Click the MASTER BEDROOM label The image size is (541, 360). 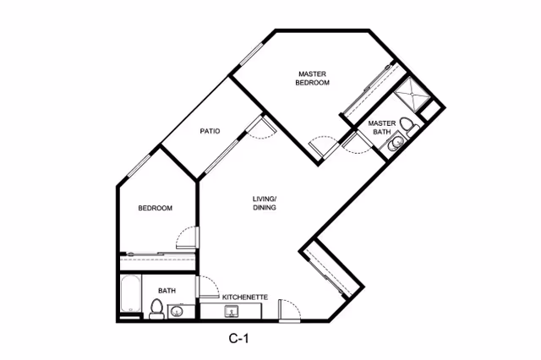tap(312, 78)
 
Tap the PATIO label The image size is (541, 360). tap(210, 131)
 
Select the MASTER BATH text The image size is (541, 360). tap(382, 128)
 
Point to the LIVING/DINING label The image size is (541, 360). tap(265, 204)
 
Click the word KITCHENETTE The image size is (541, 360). tap(245, 297)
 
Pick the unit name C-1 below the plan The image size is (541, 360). tap(239, 340)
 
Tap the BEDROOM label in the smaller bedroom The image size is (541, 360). tap(156, 208)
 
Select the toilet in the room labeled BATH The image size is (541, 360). tap(156, 309)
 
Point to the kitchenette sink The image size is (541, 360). tap(231, 312)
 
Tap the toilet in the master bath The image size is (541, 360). tap(408, 128)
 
